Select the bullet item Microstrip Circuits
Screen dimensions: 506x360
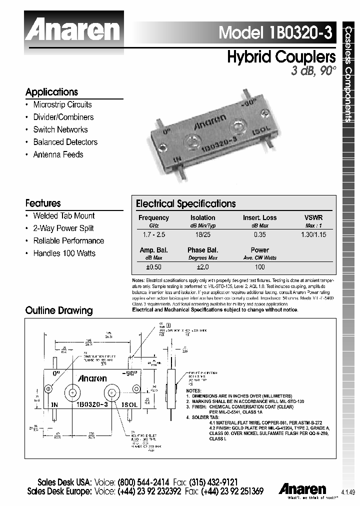click(62, 104)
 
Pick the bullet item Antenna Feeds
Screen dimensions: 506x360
click(58, 154)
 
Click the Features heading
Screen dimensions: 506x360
click(43, 203)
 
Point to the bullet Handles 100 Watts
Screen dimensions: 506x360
click(64, 253)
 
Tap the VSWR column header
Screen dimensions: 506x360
click(313, 218)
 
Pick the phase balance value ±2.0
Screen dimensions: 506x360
click(202, 267)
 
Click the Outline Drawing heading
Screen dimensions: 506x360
click(59, 310)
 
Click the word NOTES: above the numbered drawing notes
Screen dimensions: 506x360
click(193, 390)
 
